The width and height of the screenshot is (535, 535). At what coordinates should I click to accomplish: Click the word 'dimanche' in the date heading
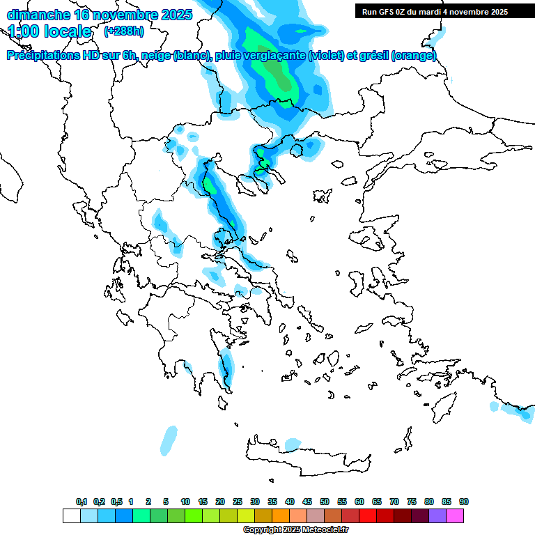(38, 15)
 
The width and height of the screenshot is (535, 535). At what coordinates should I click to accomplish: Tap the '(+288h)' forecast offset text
(123, 31)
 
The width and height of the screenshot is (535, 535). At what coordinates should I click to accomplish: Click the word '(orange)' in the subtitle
(414, 56)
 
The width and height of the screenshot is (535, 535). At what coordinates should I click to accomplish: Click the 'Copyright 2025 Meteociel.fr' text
(295, 530)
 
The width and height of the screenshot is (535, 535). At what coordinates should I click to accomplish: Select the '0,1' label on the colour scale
(82, 502)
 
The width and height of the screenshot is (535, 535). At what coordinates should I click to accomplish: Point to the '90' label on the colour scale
(464, 502)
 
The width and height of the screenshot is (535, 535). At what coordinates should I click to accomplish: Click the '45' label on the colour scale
(307, 502)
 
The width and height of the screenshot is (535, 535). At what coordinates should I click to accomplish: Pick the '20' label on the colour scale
(220, 502)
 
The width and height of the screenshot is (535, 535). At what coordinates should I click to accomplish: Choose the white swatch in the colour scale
(71, 515)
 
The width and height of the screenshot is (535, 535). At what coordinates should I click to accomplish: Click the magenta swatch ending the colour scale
(455, 515)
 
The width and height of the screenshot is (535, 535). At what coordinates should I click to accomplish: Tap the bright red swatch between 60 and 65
(368, 515)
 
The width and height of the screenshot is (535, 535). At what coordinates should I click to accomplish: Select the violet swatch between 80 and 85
(437, 515)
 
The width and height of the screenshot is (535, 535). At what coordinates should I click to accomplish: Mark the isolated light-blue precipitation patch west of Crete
(169, 440)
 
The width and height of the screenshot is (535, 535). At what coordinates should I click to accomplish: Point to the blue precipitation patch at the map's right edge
(519, 411)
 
